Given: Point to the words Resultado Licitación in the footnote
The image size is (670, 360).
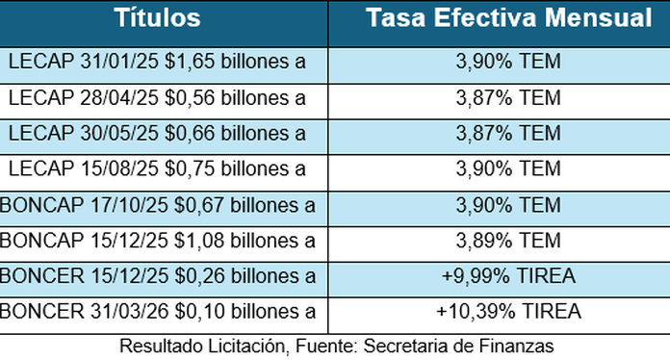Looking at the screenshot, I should coord(192,345).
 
